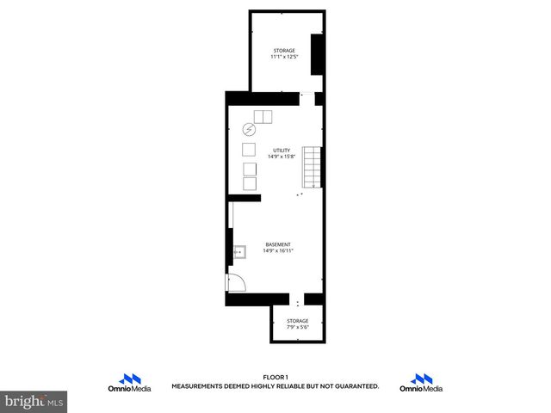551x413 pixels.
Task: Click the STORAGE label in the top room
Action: pyautogui.click(x=285, y=51)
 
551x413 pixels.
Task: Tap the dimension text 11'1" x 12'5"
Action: pyautogui.click(x=285, y=57)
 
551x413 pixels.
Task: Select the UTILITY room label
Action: pyautogui.click(x=282, y=151)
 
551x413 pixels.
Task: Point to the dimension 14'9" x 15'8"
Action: pyautogui.click(x=282, y=157)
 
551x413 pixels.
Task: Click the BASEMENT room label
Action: pyautogui.click(x=277, y=244)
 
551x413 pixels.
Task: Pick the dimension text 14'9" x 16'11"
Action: pyautogui.click(x=278, y=250)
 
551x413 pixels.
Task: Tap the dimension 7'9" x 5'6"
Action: pyautogui.click(x=298, y=327)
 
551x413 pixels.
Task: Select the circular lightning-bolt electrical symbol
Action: pyautogui.click(x=250, y=130)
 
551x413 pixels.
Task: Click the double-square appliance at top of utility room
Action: pyautogui.click(x=262, y=117)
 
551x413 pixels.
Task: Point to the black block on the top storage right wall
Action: pyautogui.click(x=317, y=55)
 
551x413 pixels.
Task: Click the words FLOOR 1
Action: pyautogui.click(x=275, y=377)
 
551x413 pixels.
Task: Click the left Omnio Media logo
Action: pyautogui.click(x=131, y=384)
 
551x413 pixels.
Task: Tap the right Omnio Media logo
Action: pyautogui.click(x=422, y=384)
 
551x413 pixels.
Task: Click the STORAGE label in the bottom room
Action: pyautogui.click(x=298, y=321)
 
